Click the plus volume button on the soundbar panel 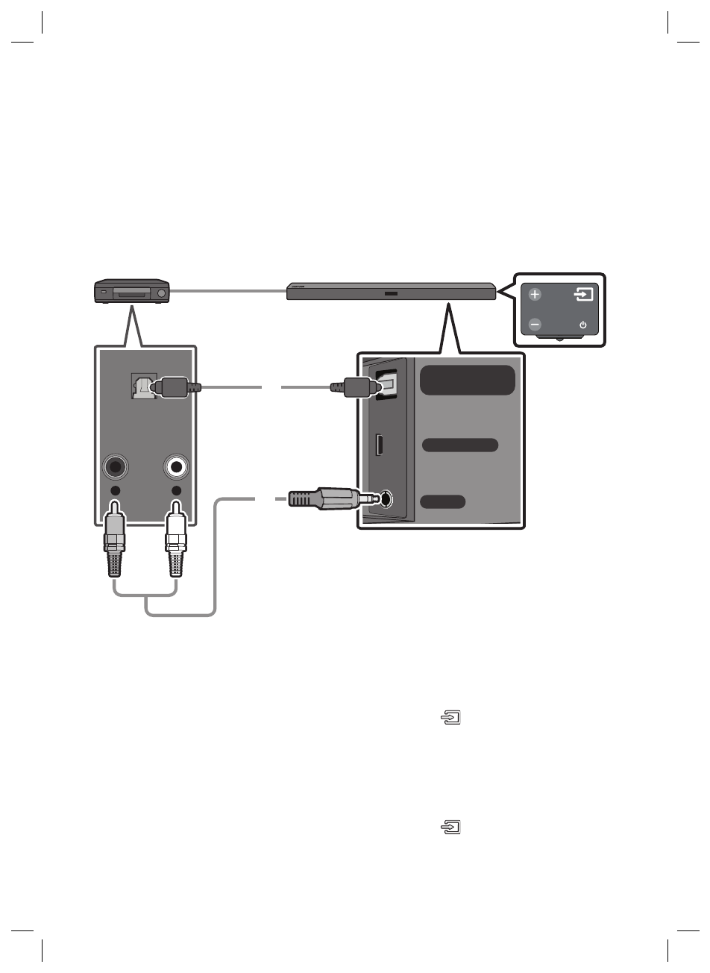click(x=535, y=295)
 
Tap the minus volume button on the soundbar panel click(x=535, y=325)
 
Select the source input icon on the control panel click(x=584, y=294)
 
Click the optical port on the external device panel click(x=140, y=387)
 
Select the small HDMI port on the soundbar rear click(x=380, y=445)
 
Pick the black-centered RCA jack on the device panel click(x=115, y=468)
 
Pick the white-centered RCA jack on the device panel click(x=177, y=468)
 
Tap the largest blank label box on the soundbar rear click(x=468, y=380)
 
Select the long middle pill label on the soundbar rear click(x=460, y=445)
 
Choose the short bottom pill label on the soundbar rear click(x=443, y=501)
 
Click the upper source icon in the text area click(x=452, y=719)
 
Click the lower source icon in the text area click(x=452, y=827)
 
